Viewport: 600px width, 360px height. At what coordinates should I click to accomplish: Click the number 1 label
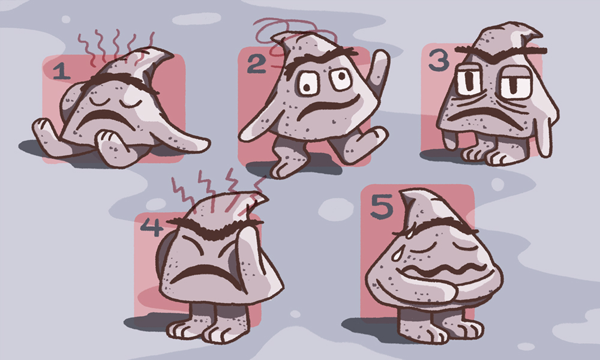[61, 71]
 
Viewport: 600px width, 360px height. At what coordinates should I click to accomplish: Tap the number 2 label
[256, 64]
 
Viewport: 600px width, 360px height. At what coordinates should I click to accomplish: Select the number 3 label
[439, 59]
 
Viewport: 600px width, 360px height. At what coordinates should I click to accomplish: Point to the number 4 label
[152, 227]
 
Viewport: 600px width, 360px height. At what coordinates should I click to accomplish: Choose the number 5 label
[382, 206]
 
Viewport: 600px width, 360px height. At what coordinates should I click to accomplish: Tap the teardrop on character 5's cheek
[396, 253]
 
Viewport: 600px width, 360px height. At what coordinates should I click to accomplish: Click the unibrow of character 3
[500, 51]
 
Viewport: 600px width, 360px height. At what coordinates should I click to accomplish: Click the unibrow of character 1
[119, 82]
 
